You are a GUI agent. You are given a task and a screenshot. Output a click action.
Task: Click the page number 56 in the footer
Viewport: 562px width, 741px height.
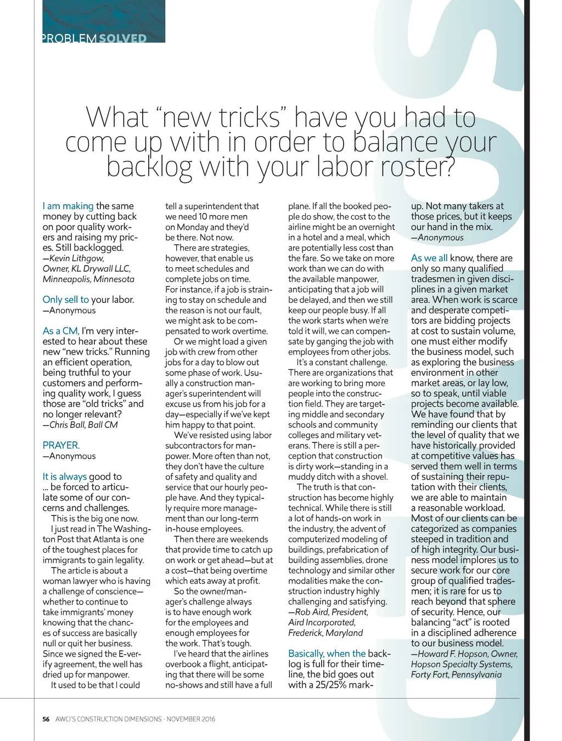click(46, 719)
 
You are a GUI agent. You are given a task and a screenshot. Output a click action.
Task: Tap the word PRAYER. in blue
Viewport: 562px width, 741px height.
click(61, 445)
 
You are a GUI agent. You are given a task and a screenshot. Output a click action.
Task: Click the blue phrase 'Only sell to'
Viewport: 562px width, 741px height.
click(65, 300)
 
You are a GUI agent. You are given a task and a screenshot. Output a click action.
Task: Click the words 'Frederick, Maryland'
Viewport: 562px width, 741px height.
click(325, 632)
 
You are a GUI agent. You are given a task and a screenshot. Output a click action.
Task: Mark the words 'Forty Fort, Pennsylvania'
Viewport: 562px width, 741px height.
click(456, 674)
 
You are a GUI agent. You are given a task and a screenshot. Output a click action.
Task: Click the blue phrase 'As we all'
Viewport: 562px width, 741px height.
click(429, 258)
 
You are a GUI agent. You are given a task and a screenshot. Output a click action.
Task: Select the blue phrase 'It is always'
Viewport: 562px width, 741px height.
click(64, 476)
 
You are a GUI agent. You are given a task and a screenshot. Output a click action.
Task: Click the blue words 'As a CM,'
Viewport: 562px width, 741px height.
click(61, 331)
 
